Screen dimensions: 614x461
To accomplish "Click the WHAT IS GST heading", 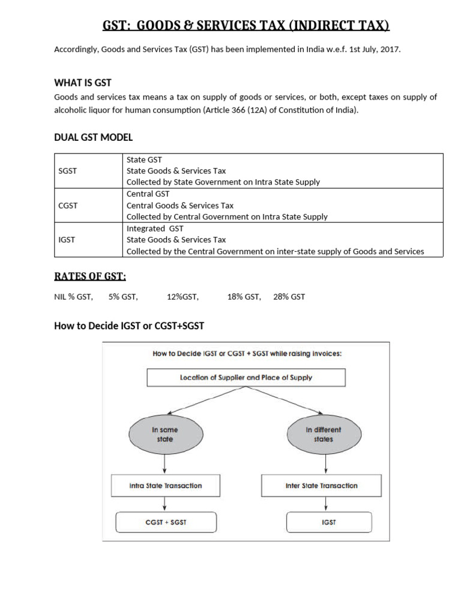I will tap(83, 83).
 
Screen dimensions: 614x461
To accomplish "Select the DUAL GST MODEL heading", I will tap(93, 137).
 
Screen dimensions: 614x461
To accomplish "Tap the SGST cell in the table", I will tap(67, 171).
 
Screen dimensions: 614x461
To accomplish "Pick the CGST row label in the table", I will tap(67, 206).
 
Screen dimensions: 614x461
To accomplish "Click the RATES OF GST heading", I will tap(90, 276).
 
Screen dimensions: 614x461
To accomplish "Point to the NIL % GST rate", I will tap(73, 297).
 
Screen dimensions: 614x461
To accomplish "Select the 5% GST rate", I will tap(123, 297).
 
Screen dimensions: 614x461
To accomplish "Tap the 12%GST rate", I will tap(182, 297).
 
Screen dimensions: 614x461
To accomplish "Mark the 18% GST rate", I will tap(244, 297).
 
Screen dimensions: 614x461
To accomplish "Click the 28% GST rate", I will tap(289, 297).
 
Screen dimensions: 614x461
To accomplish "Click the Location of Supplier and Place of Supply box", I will tap(246, 378).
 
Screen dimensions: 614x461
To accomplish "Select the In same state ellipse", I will tap(165, 435).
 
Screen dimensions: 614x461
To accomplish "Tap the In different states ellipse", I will tap(325, 435).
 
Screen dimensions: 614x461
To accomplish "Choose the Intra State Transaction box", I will tap(166, 486).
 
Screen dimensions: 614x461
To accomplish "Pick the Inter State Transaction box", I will tap(322, 486).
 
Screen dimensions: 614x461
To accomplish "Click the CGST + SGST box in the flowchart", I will tap(166, 522).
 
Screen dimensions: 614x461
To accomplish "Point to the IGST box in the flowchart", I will tap(329, 522).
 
